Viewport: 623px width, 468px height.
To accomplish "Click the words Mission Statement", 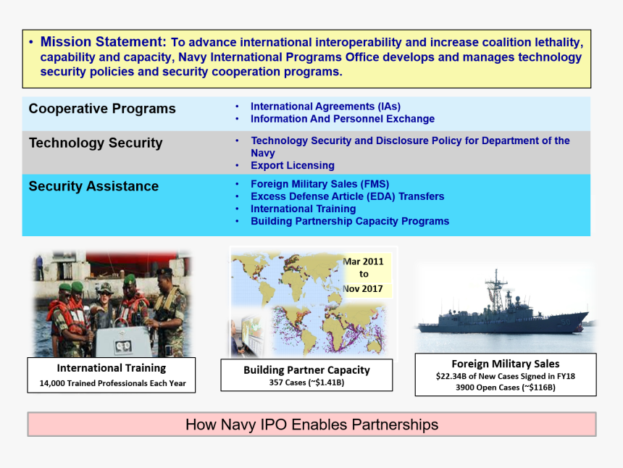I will click(103, 42).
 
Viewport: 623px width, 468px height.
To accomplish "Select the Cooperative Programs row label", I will click(102, 109).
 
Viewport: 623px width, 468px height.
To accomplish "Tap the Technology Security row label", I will click(96, 143).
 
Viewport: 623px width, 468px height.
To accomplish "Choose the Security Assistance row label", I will click(93, 186).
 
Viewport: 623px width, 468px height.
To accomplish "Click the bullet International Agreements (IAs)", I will click(325, 106).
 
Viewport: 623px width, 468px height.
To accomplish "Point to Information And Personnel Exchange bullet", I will click(342, 119).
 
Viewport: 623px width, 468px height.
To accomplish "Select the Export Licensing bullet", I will click(292, 165).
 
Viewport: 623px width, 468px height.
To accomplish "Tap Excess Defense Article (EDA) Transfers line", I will click(347, 196).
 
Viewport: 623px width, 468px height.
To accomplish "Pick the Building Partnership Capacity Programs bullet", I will click(349, 221).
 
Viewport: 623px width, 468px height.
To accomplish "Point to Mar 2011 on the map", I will click(363, 261).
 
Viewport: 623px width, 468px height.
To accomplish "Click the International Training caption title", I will click(112, 368).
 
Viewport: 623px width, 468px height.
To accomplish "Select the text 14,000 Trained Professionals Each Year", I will click(112, 383).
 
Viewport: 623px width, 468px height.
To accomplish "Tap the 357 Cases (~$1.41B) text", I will click(306, 382).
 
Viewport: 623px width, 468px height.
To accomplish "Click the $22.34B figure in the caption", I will click(454, 376).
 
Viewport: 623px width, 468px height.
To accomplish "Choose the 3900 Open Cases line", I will click(505, 388).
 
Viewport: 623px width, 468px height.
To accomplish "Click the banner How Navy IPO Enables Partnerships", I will click(311, 425).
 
